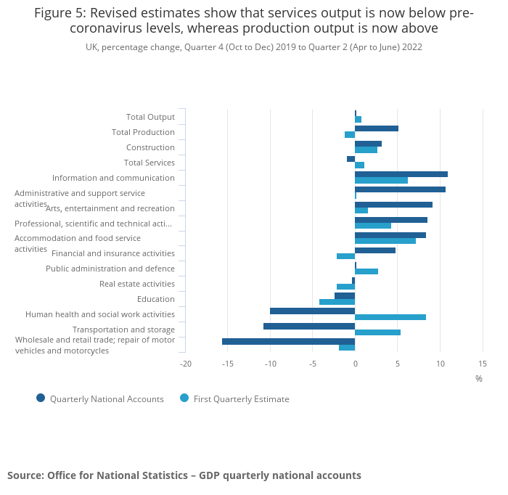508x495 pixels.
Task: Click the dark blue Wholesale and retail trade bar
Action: point(288,341)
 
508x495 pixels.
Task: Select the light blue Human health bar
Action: point(390,317)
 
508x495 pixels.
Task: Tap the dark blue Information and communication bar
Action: point(401,174)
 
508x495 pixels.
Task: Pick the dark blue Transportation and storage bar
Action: point(309,326)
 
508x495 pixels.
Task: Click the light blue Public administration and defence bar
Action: point(366,271)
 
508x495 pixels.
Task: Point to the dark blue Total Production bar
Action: point(377,128)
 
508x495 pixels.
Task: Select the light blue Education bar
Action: point(337,302)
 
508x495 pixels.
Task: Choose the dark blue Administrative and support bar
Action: point(400,189)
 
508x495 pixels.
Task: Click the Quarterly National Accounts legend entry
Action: point(100,398)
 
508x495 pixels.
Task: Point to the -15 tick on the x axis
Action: point(228,363)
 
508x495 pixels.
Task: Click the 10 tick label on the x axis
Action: point(440,363)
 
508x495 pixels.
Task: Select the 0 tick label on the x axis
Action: point(355,363)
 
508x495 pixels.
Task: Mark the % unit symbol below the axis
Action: point(478,378)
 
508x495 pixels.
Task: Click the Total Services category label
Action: point(149,163)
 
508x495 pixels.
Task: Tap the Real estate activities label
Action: point(137,284)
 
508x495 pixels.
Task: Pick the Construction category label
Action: point(150,147)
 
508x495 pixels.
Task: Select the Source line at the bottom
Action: point(184,475)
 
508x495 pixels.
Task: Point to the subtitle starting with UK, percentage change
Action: point(254,47)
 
